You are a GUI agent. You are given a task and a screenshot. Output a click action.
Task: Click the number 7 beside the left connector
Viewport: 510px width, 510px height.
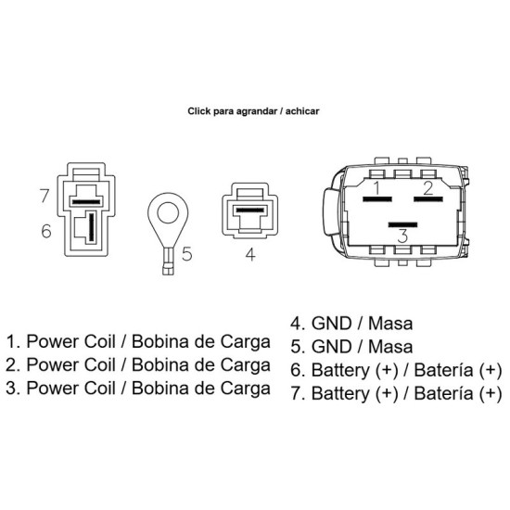pyautogui.click(x=45, y=196)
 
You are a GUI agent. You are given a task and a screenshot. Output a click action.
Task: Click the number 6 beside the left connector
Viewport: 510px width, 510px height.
pyautogui.click(x=46, y=231)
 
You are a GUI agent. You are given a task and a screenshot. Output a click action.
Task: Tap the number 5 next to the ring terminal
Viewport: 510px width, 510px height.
pyautogui.click(x=187, y=254)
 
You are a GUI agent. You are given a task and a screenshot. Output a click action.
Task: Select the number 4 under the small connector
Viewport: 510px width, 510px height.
pyautogui.click(x=250, y=254)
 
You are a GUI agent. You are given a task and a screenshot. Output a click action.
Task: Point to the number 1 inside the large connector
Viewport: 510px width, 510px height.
pyautogui.click(x=376, y=187)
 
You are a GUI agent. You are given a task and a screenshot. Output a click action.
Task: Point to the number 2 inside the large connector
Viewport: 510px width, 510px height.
pyautogui.click(x=428, y=188)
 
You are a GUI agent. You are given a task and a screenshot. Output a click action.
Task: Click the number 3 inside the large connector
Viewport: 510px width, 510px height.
pyautogui.click(x=402, y=236)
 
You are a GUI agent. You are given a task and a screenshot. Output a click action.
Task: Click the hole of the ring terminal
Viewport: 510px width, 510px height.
pyautogui.click(x=168, y=213)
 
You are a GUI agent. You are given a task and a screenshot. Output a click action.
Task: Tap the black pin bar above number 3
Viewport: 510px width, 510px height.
pyautogui.click(x=402, y=224)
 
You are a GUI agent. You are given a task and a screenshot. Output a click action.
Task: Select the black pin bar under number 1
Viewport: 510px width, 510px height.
pyautogui.click(x=377, y=198)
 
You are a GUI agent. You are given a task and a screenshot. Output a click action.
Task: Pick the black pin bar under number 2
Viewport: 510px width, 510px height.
pyautogui.click(x=428, y=198)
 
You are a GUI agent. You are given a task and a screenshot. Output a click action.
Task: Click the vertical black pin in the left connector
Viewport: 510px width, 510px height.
pyautogui.click(x=92, y=226)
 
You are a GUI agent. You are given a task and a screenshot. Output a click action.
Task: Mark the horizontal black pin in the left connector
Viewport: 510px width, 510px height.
pyautogui.click(x=86, y=202)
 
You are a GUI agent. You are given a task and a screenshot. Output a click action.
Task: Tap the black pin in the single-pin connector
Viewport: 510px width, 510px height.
pyautogui.click(x=249, y=210)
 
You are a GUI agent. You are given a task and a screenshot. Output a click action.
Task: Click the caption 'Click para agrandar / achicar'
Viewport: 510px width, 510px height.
pyautogui.click(x=253, y=111)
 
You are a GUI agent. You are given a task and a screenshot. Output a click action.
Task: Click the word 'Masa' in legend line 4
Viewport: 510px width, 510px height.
pyautogui.click(x=390, y=324)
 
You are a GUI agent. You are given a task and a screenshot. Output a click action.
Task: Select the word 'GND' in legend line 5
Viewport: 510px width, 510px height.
pyautogui.click(x=332, y=347)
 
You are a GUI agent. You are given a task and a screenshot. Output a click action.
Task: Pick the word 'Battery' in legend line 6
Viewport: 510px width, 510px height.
pyautogui.click(x=340, y=371)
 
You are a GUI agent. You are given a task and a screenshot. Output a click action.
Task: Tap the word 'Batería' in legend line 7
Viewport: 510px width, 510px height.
pyautogui.click(x=443, y=393)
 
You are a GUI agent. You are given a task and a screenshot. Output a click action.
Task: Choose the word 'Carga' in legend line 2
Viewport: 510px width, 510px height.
pyautogui.click(x=246, y=365)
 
